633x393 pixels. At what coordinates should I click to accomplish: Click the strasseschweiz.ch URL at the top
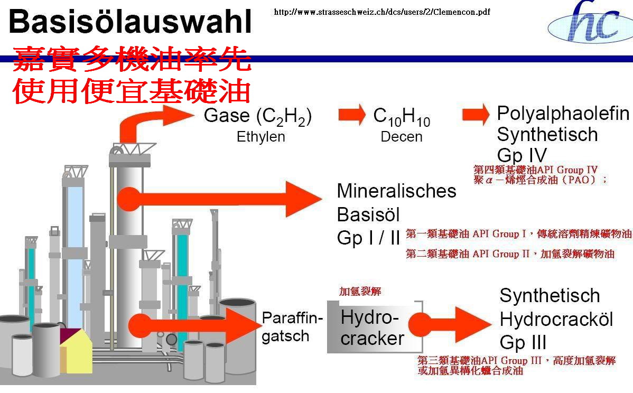(x=382, y=12)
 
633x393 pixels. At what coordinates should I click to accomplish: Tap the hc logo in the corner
(x=590, y=22)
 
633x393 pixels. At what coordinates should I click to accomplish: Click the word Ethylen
(x=261, y=137)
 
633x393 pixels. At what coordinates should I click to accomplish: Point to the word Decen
(x=401, y=137)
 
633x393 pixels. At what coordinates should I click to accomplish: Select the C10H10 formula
(x=402, y=116)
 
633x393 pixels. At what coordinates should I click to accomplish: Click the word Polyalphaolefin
(x=563, y=114)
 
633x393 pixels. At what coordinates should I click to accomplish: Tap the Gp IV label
(x=522, y=155)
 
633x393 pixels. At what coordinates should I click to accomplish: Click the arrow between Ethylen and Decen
(x=351, y=115)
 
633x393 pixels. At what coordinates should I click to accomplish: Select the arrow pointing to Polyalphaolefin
(x=476, y=115)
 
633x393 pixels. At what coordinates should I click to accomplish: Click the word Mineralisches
(x=396, y=191)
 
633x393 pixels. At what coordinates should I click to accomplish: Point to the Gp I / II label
(x=368, y=238)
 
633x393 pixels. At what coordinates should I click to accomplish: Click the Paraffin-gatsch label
(x=292, y=327)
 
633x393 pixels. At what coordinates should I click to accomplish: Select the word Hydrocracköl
(x=556, y=320)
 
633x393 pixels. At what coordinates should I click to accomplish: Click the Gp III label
(x=523, y=343)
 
